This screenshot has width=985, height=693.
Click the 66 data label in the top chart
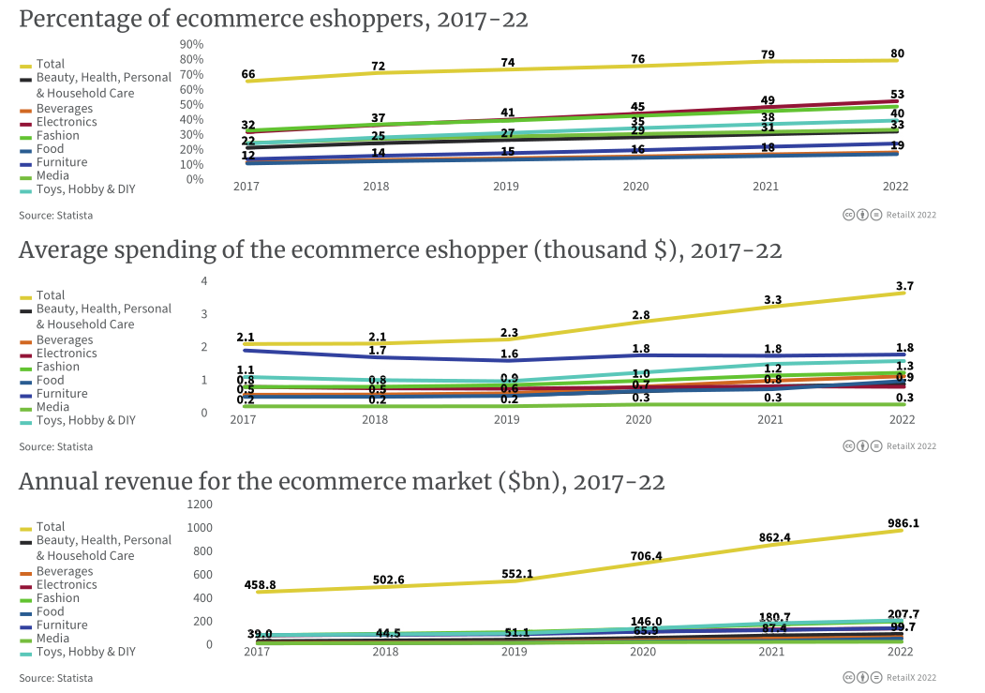248,73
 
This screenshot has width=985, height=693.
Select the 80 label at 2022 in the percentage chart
897,53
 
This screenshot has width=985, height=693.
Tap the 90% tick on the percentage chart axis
192,44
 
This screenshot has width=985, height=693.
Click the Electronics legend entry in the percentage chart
67,122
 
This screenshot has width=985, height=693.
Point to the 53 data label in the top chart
897,93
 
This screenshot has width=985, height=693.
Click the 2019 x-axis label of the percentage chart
506,187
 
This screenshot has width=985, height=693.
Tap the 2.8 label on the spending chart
640,314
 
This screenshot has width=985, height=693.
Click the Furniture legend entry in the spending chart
62,394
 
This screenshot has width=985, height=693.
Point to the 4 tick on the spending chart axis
204,281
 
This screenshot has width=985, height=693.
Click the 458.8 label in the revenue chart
260,584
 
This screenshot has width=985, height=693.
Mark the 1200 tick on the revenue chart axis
200,504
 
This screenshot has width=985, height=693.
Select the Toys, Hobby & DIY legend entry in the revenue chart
85,652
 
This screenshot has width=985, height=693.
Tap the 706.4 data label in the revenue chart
647,556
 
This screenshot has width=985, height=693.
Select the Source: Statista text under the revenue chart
55,677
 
